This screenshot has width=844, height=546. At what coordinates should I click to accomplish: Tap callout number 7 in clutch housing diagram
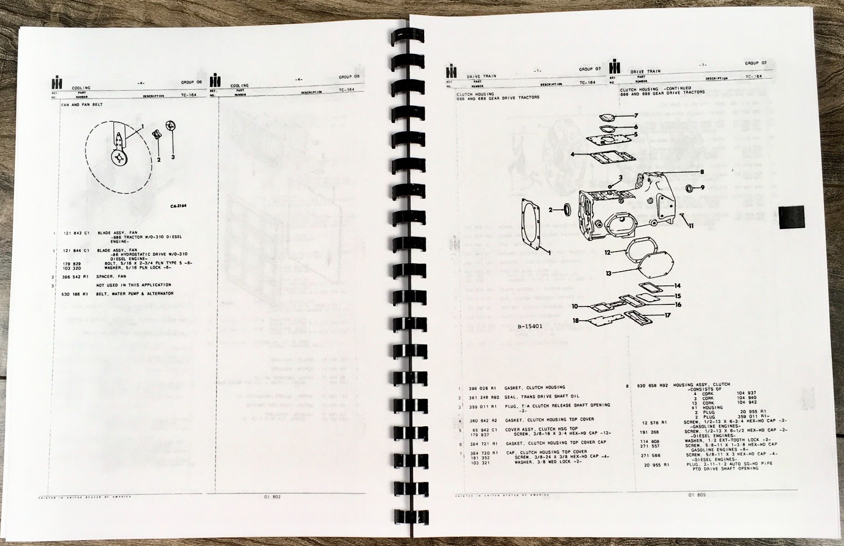click(636, 115)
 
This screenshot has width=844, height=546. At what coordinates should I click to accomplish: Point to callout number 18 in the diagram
click(576, 320)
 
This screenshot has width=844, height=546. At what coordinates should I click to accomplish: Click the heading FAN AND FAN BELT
click(82, 105)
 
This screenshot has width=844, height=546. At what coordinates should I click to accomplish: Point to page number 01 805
click(697, 495)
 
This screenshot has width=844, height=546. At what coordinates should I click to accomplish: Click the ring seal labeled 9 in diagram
click(690, 188)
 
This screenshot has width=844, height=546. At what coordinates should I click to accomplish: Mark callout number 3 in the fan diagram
click(173, 157)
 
